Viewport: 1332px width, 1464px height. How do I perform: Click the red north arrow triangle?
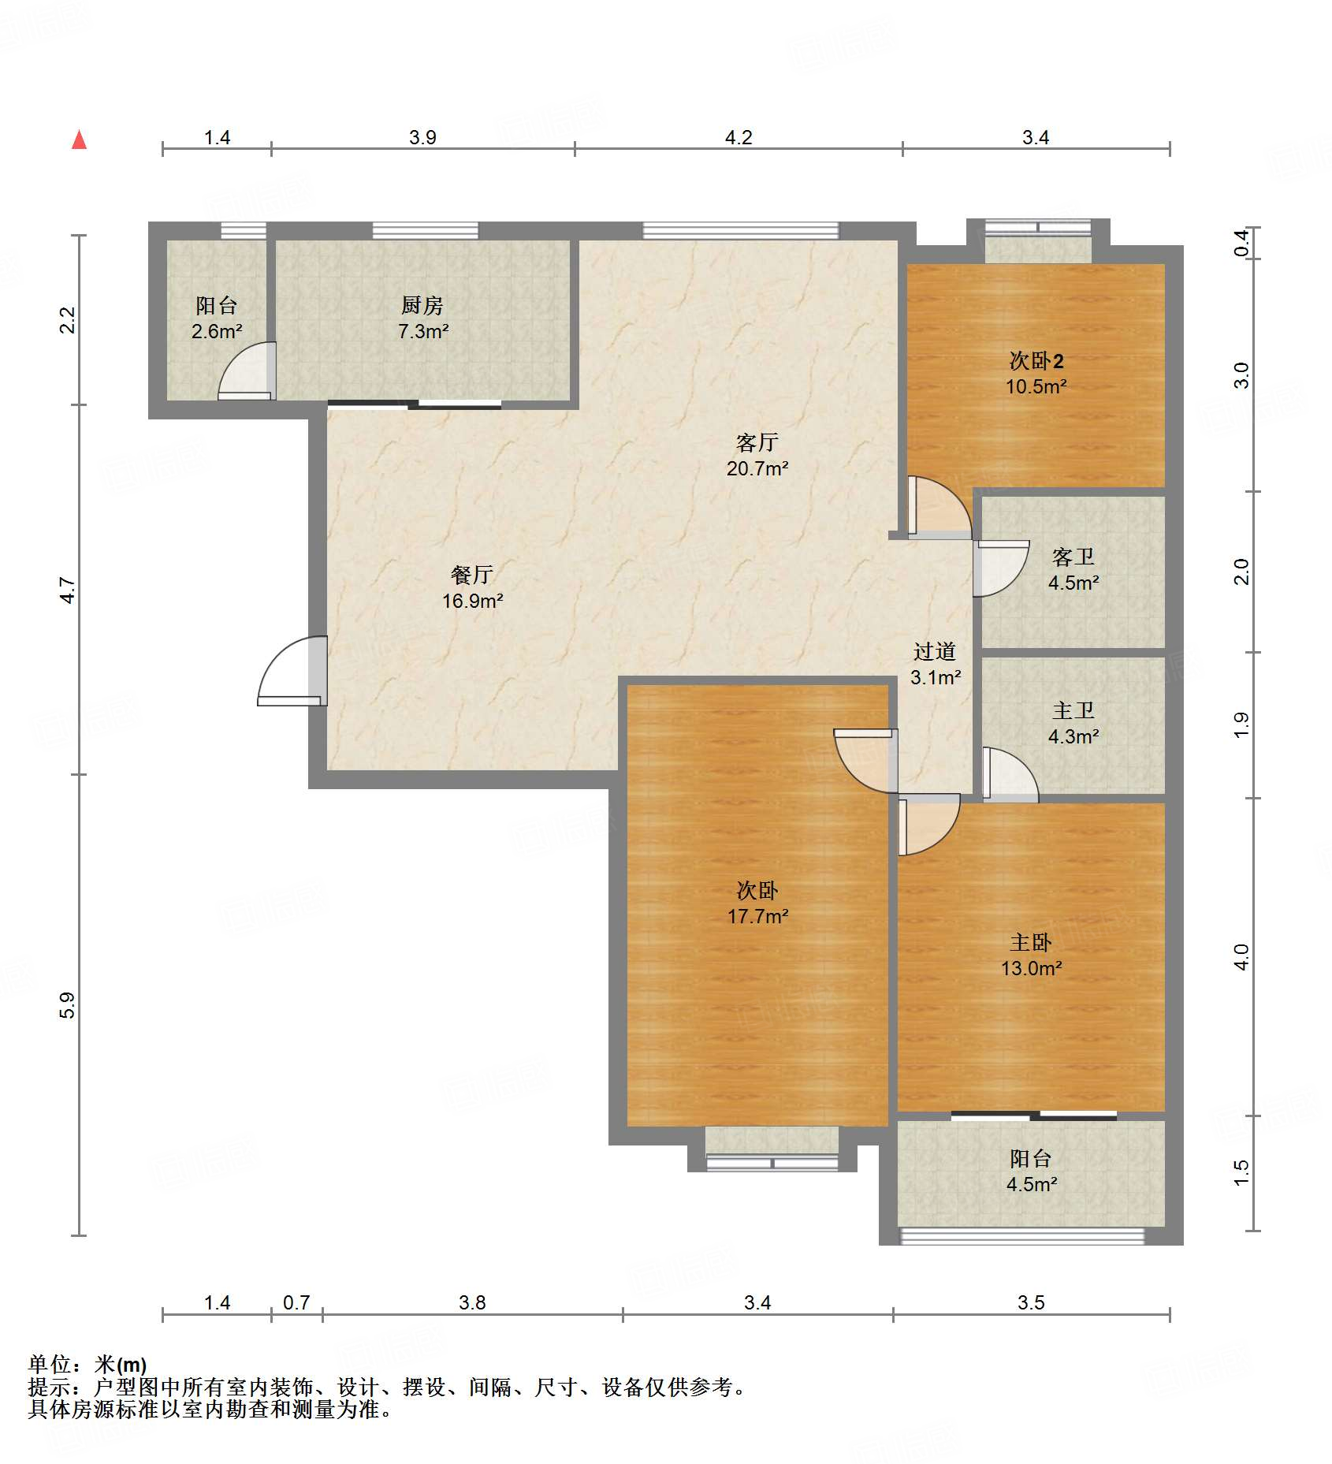(79, 140)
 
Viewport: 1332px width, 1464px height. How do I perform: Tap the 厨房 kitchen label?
(422, 305)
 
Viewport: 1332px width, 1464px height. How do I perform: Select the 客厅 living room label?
(757, 442)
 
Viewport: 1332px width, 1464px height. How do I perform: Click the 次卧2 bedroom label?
(1036, 361)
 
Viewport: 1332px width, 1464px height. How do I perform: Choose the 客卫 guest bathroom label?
(1073, 557)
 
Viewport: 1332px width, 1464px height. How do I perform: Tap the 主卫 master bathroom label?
(1073, 710)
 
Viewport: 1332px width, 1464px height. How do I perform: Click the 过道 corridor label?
(935, 651)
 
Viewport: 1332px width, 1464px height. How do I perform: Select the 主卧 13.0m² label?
(1032, 956)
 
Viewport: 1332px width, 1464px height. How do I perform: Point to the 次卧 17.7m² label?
(757, 903)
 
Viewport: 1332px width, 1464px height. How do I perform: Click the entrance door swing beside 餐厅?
(292, 671)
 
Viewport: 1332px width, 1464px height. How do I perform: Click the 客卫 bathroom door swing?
(1001, 568)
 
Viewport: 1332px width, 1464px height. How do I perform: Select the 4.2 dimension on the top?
(739, 137)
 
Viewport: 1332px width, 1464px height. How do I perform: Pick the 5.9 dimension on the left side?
(67, 1005)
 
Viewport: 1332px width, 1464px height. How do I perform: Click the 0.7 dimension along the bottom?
(296, 1302)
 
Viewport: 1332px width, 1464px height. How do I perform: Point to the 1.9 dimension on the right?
(1241, 725)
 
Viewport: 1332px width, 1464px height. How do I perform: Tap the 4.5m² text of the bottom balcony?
(1032, 1184)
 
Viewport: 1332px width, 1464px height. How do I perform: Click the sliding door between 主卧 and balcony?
(1033, 1116)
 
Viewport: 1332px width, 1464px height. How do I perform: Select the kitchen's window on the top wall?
(425, 231)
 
